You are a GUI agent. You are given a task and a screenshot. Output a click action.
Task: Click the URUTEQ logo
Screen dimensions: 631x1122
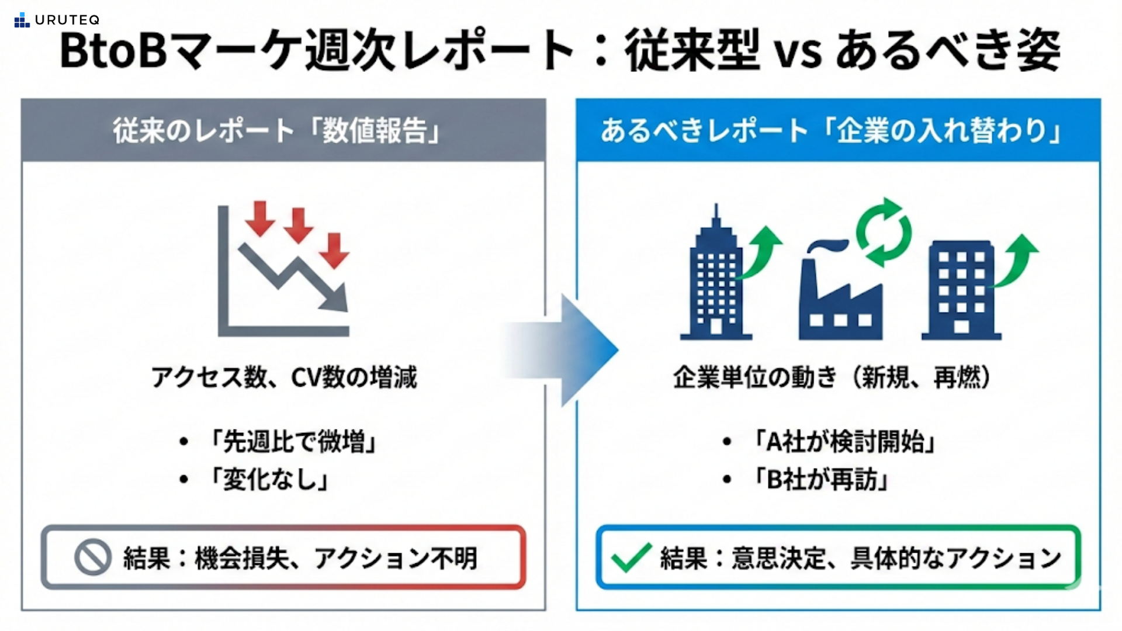click(x=57, y=20)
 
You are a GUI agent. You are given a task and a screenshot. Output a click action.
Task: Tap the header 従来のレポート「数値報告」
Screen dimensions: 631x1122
click(x=276, y=130)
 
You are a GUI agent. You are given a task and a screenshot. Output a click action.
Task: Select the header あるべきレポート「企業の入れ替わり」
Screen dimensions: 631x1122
click(x=830, y=130)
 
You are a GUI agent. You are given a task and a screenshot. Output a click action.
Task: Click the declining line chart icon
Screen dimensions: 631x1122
click(x=284, y=270)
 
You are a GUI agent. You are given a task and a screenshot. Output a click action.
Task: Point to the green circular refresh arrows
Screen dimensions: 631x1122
click(x=884, y=232)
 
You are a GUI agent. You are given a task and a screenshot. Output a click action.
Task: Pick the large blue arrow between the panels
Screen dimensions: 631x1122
click(x=564, y=349)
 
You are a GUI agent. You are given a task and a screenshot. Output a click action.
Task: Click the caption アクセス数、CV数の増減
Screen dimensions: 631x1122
click(x=284, y=377)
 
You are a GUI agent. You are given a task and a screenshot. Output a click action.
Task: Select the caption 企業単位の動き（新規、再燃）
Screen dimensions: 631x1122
click(x=832, y=377)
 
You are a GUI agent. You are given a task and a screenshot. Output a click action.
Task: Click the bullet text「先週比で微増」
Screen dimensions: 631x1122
click(x=292, y=441)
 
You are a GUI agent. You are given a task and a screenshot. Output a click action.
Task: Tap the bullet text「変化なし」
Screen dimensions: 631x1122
click(x=269, y=480)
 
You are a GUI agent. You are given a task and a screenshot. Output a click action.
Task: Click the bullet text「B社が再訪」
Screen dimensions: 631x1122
click(x=820, y=480)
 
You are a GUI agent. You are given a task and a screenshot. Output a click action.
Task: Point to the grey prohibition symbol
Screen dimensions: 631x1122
click(x=93, y=557)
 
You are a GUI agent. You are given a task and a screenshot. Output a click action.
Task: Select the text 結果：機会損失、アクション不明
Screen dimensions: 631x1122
click(x=300, y=558)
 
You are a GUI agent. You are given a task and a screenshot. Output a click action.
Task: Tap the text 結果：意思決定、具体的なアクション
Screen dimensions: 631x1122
click(x=860, y=558)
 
